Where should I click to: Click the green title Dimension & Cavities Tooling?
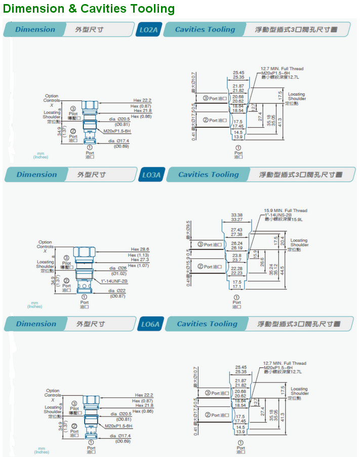(x=89, y=9)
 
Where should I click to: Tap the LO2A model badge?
(x=148, y=30)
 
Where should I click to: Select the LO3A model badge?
(x=151, y=175)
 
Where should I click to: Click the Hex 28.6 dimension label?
(x=140, y=249)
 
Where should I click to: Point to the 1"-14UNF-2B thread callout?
(x=114, y=281)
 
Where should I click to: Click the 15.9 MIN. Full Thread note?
(x=286, y=211)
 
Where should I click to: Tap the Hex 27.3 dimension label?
(x=140, y=260)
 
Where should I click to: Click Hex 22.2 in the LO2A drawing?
(x=142, y=100)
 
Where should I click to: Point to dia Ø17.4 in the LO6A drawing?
(x=120, y=436)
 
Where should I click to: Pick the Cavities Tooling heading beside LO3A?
(x=208, y=175)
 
